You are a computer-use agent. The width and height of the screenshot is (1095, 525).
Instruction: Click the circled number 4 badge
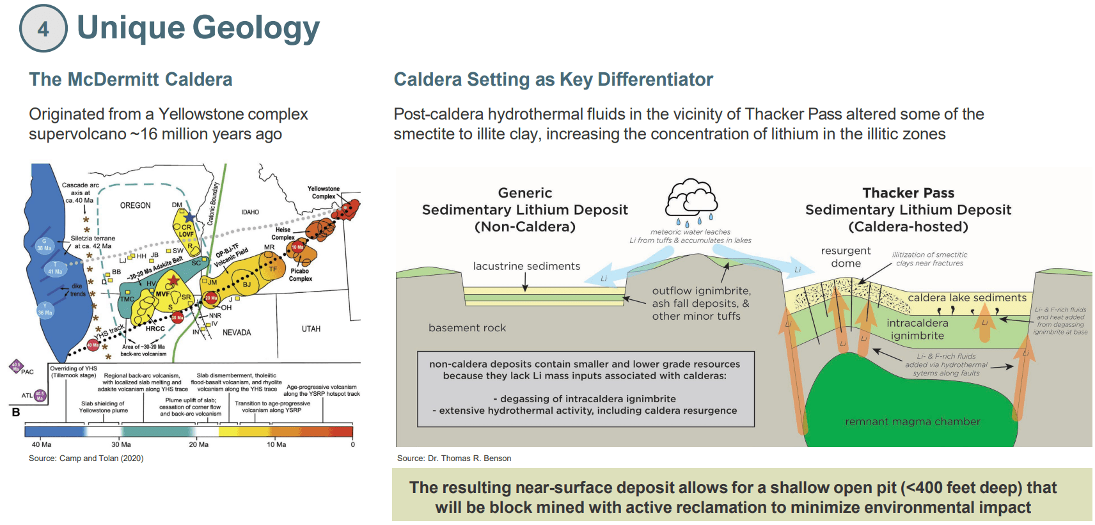pyautogui.click(x=43, y=29)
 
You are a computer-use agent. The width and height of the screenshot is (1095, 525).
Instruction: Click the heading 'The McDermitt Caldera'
pyautogui.click(x=130, y=79)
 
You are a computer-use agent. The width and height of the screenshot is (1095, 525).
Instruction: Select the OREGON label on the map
pyautogui.click(x=136, y=205)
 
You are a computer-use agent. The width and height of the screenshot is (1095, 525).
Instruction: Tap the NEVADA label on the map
pyautogui.click(x=237, y=333)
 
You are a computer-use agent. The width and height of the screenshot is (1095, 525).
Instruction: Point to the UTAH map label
pyautogui.click(x=311, y=329)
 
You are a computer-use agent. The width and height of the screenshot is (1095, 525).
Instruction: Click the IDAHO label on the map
pyautogui.click(x=250, y=212)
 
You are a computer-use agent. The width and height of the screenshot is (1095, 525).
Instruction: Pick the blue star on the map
pyautogui.click(x=190, y=217)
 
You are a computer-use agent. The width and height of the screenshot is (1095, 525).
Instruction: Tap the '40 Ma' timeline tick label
pyautogui.click(x=42, y=444)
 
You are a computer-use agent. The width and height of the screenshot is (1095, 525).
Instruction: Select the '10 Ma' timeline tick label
pyautogui.click(x=276, y=444)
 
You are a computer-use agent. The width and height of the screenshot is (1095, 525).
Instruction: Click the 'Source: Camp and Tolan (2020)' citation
pyautogui.click(x=86, y=458)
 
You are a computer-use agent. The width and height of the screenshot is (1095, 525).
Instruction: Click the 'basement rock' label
pyautogui.click(x=467, y=328)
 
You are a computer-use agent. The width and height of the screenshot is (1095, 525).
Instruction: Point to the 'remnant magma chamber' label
pyautogui.click(x=912, y=421)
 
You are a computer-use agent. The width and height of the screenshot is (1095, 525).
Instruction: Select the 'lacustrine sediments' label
pyautogui.click(x=526, y=266)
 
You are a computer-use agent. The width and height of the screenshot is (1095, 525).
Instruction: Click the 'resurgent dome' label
pyautogui.click(x=846, y=257)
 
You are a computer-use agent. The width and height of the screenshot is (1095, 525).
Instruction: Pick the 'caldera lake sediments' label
pyautogui.click(x=967, y=297)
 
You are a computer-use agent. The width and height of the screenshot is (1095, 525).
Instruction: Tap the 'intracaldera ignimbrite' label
pyautogui.click(x=917, y=329)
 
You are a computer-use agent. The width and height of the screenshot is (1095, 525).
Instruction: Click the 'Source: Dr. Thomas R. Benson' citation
pyautogui.click(x=454, y=458)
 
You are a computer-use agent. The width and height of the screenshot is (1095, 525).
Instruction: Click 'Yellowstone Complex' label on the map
pyautogui.click(x=324, y=192)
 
